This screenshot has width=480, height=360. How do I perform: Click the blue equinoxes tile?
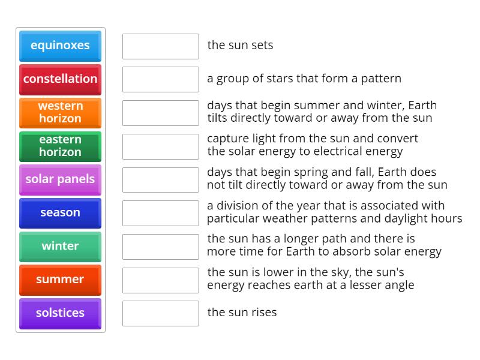tap(60, 46)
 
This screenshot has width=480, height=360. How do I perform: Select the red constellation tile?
tap(60, 79)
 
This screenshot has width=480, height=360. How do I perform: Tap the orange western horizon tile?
tap(60, 112)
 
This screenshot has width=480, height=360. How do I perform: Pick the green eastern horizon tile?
tap(60, 146)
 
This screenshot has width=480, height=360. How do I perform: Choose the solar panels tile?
tap(60, 179)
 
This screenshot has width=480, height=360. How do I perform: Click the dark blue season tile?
tap(60, 213)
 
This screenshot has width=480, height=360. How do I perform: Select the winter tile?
tap(60, 246)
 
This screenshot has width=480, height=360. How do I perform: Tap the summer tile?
tap(60, 280)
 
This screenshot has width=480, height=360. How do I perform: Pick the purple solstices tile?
tap(60, 313)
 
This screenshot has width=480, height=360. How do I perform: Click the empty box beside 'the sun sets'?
tap(160, 46)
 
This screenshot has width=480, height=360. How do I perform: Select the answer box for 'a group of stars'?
tap(160, 79)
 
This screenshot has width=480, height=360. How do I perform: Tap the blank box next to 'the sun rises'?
tap(160, 313)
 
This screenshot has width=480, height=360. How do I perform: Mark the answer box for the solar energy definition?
tap(160, 146)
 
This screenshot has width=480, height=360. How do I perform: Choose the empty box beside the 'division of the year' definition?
tap(160, 213)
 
